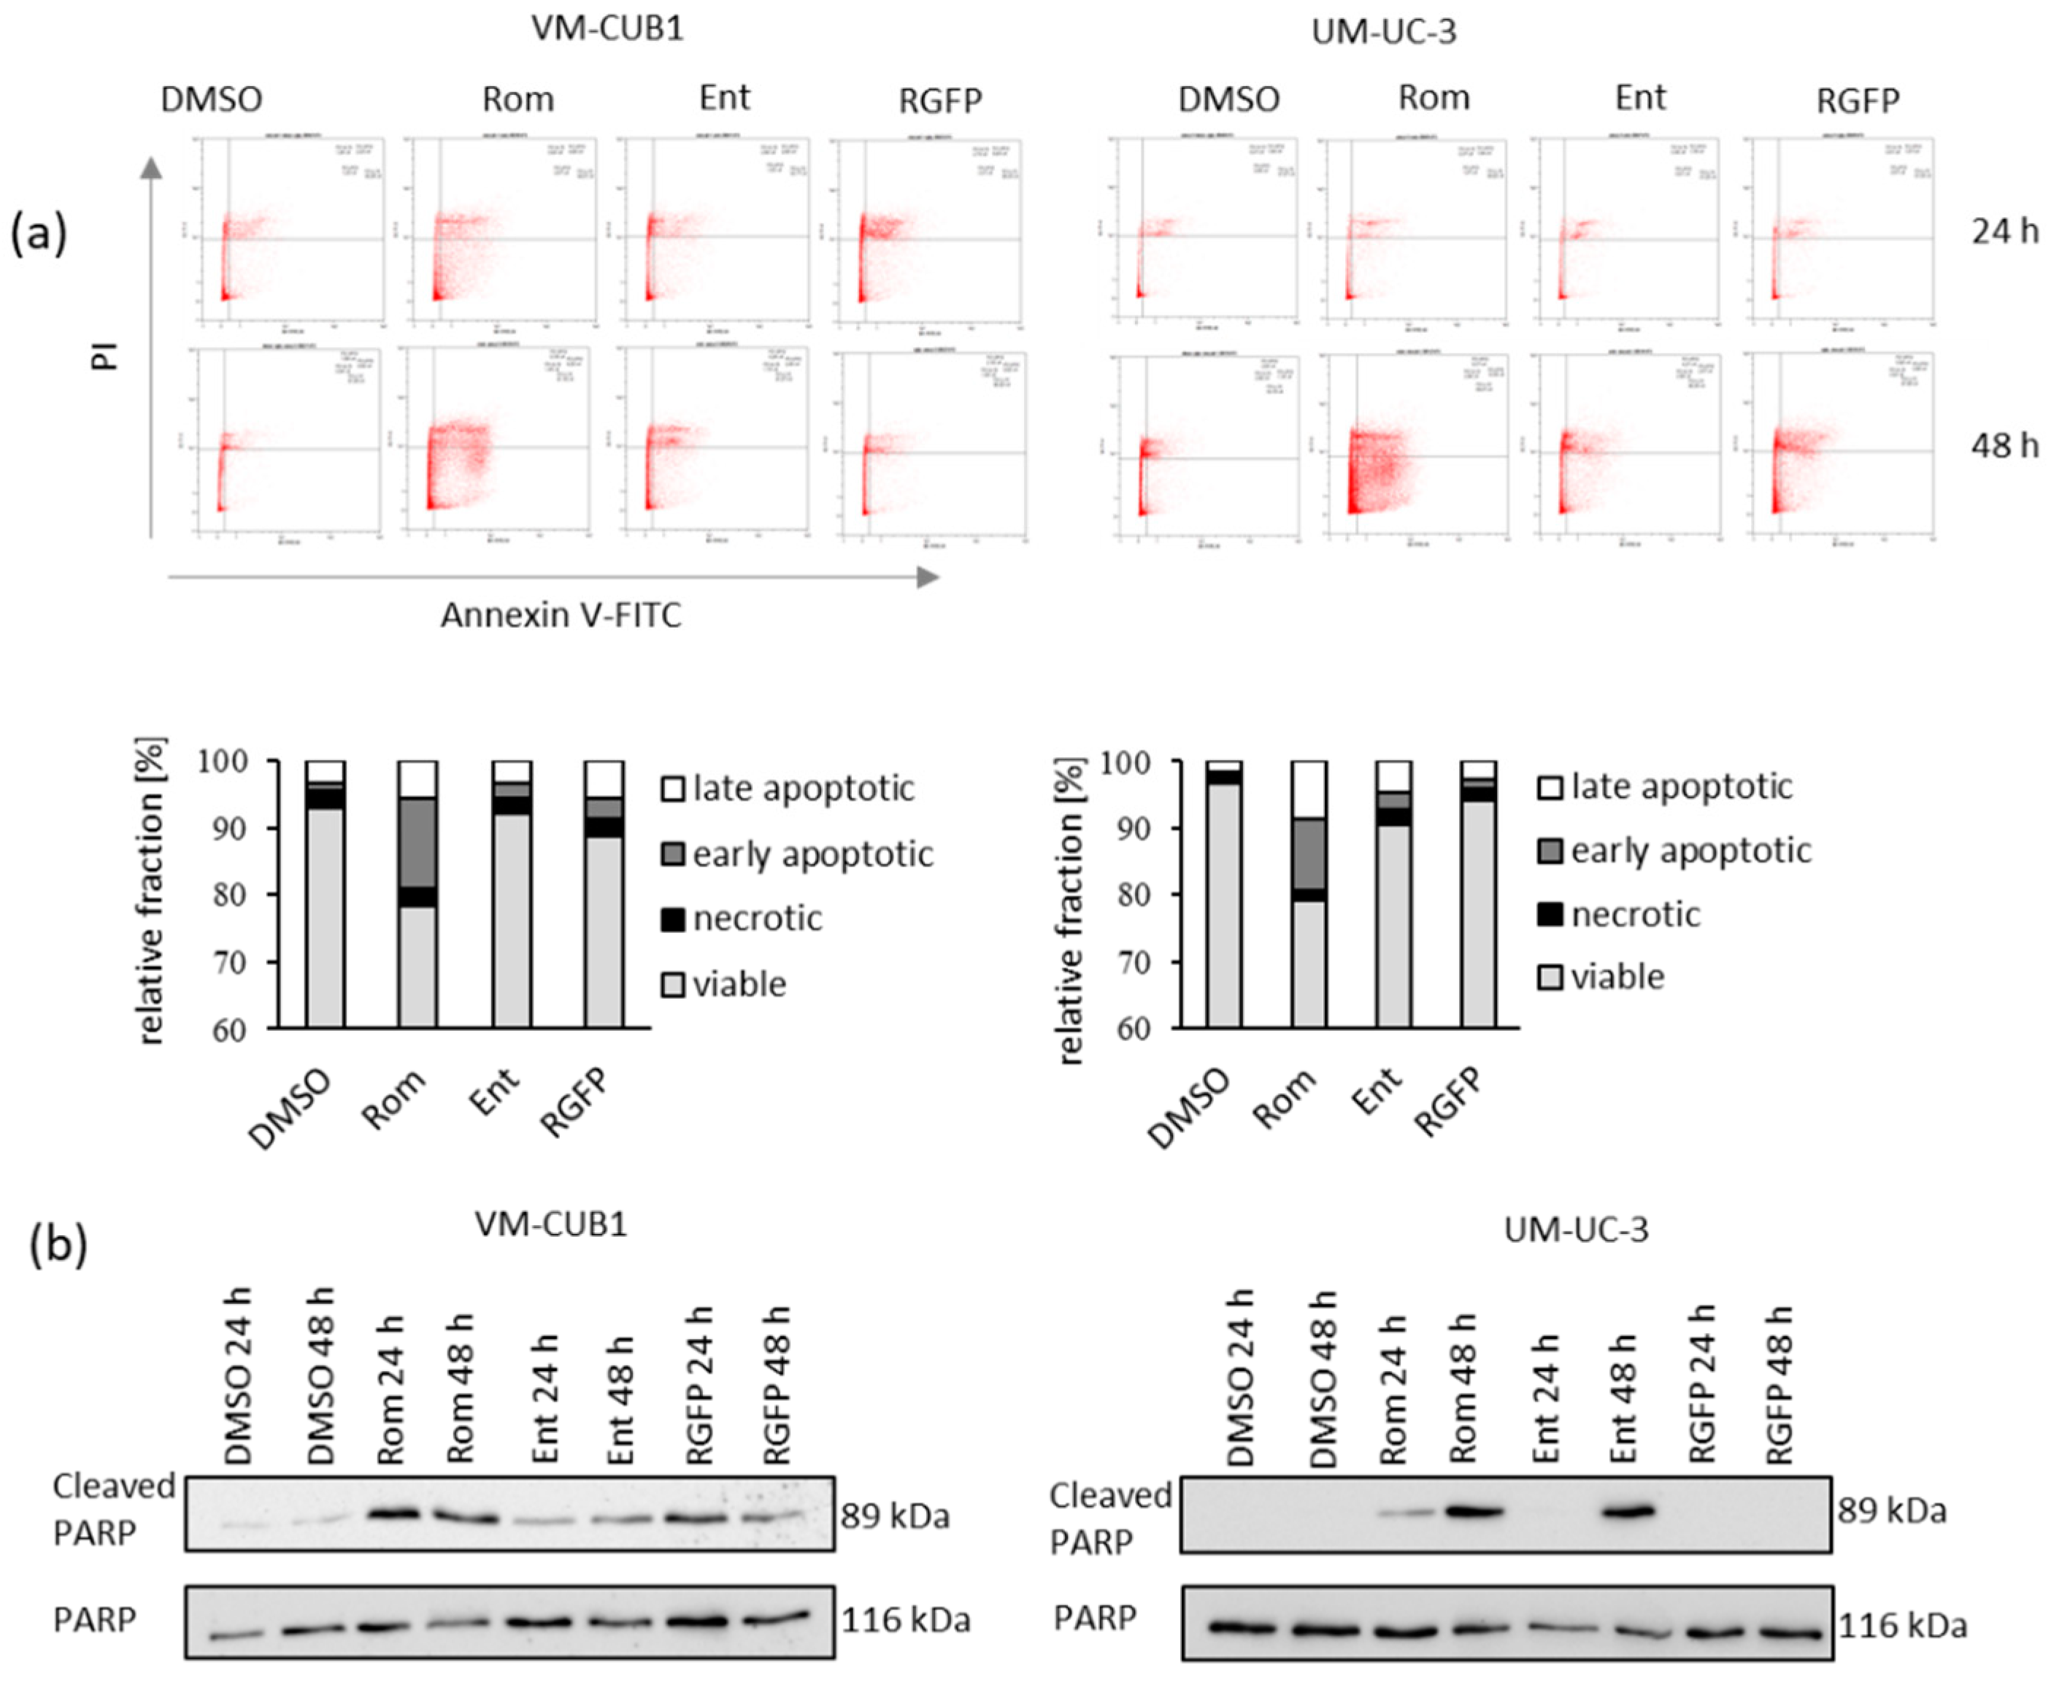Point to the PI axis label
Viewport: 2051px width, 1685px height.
(x=105, y=356)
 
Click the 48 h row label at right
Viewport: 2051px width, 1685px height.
(x=2004, y=445)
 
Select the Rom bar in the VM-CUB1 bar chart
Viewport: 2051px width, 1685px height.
(x=418, y=894)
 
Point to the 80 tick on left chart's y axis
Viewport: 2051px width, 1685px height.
(x=229, y=895)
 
